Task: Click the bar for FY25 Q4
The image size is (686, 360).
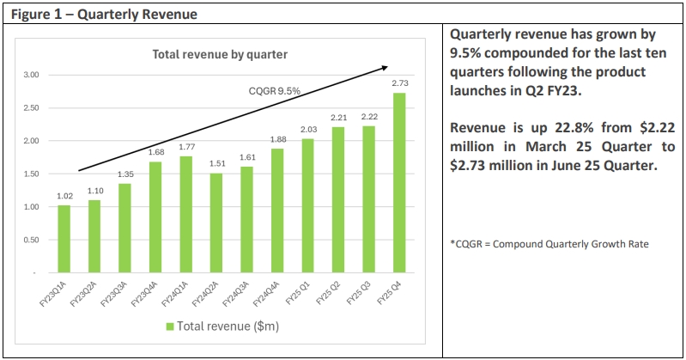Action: [x=399, y=183]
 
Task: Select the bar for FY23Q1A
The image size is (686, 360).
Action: [x=64, y=239]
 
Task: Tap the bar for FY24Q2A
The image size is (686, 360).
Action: [x=216, y=223]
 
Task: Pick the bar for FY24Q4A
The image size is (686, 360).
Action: [x=277, y=211]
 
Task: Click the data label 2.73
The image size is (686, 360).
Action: [x=400, y=83]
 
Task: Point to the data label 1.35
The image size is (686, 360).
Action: [x=125, y=174]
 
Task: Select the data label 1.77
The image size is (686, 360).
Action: [x=187, y=147]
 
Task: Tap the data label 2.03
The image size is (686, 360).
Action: [x=308, y=130]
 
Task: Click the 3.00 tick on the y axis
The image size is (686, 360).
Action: [x=31, y=75]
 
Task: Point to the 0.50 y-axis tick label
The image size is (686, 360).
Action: [x=31, y=240]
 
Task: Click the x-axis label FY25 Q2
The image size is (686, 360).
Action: [x=328, y=294]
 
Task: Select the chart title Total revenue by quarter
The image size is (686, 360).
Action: [x=220, y=54]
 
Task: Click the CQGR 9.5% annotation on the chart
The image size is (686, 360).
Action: [x=274, y=91]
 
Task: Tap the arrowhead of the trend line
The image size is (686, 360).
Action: [x=385, y=67]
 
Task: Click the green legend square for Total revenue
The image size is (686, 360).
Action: [x=170, y=326]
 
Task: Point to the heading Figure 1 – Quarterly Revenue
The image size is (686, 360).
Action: [x=104, y=15]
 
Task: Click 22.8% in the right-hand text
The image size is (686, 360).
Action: [x=574, y=127]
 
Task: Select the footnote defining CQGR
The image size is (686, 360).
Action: [x=549, y=244]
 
